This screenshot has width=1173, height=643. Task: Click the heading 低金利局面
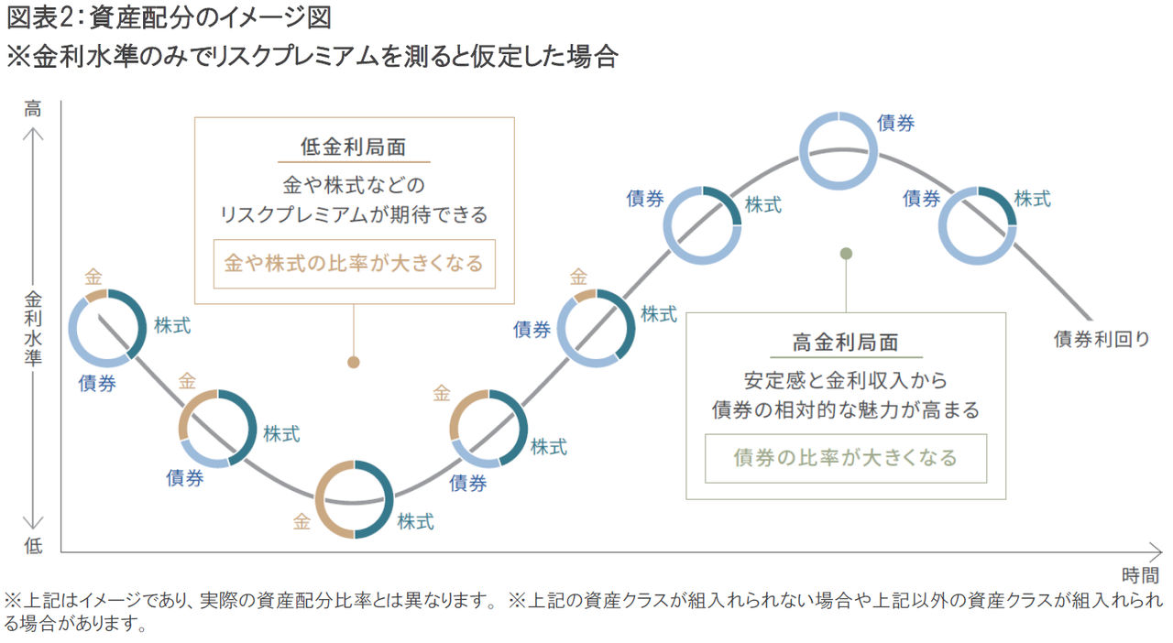click(354, 147)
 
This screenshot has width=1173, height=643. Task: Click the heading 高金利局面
click(845, 343)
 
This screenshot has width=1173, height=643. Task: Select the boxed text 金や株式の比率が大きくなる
click(354, 264)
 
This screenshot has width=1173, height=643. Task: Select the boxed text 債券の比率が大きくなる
click(845, 458)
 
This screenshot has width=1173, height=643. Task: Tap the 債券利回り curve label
click(1102, 339)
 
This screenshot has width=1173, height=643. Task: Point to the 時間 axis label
click(1140, 575)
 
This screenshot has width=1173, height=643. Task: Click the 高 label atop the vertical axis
click(32, 109)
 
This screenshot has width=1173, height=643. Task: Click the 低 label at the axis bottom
click(33, 546)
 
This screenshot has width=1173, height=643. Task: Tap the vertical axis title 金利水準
click(32, 328)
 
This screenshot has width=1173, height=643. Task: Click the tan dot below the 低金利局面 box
click(354, 362)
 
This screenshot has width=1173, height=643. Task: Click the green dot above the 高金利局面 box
click(846, 254)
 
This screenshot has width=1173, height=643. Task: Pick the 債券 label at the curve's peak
click(895, 123)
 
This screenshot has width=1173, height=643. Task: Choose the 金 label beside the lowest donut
click(301, 521)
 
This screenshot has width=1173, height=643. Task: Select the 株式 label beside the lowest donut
click(415, 521)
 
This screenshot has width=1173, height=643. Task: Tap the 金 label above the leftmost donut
click(93, 277)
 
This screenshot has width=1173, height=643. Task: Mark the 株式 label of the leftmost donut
click(172, 326)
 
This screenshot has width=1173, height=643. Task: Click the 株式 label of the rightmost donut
click(1032, 199)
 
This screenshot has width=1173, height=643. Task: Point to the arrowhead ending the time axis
click(1160, 552)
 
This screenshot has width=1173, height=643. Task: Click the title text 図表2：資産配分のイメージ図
click(169, 17)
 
